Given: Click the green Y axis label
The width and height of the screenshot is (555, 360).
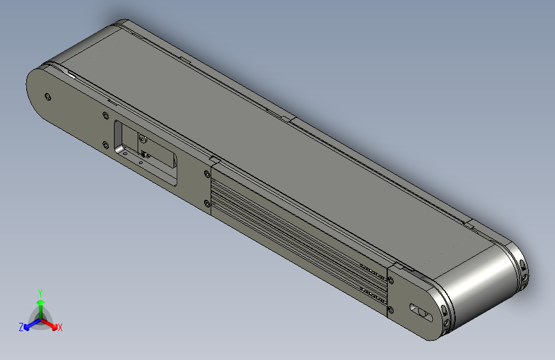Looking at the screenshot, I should [40, 291].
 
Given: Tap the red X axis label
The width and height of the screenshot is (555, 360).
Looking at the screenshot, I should [60, 327].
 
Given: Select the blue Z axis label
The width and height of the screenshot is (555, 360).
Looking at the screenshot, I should [21, 327].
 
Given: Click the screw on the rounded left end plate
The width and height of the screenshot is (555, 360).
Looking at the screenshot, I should [49, 97].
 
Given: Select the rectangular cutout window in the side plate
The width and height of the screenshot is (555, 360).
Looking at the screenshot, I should [146, 152].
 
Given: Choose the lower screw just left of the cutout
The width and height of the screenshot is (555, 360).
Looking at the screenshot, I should [104, 144].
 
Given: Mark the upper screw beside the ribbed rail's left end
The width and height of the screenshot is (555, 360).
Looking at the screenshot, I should [206, 174].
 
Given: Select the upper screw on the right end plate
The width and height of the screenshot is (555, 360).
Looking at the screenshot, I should [390, 280].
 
